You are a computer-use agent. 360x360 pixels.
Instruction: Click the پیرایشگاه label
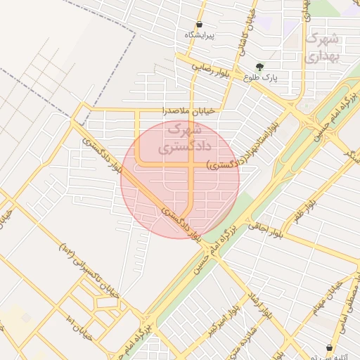tap(200, 34)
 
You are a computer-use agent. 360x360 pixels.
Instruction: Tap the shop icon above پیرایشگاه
tap(200, 24)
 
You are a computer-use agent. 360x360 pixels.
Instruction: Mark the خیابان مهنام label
tap(329, 296)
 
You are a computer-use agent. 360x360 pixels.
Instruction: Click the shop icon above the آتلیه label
tap(329, 347)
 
